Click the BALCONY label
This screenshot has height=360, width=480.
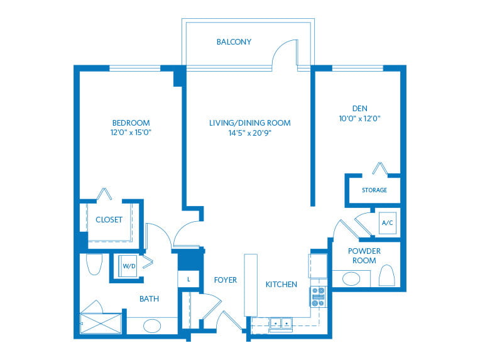[234, 42]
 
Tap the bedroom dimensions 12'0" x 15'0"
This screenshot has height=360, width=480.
[131, 133]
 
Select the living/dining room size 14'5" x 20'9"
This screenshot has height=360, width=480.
[249, 133]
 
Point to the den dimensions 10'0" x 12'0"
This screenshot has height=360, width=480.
[359, 117]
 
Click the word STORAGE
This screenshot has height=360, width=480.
[374, 190]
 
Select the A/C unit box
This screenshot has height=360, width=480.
[387, 223]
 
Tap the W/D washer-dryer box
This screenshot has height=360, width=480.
[129, 266]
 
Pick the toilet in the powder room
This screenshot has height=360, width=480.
[387, 275]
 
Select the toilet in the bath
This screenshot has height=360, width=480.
[94, 265]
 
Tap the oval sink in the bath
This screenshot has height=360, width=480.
[151, 326]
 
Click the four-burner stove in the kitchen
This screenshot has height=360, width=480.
[319, 296]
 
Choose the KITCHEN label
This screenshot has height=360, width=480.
[281, 285]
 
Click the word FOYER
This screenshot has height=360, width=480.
[225, 280]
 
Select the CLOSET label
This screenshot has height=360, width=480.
[109, 220]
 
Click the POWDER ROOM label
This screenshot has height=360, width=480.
[364, 256]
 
